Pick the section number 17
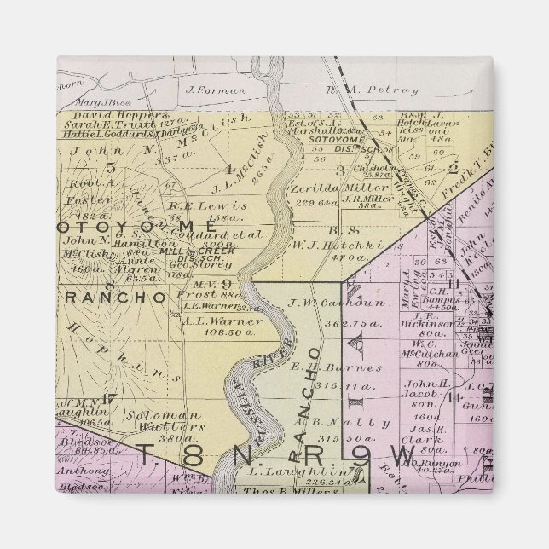[x=107, y=397]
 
